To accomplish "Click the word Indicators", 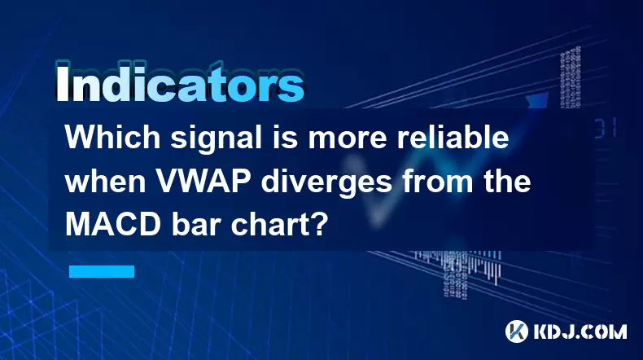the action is tap(180, 83).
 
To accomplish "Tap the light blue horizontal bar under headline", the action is tap(102, 271).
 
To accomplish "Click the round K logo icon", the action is tap(516, 331).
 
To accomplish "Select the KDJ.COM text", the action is tap(580, 331).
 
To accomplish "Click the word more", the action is tap(348, 140).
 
